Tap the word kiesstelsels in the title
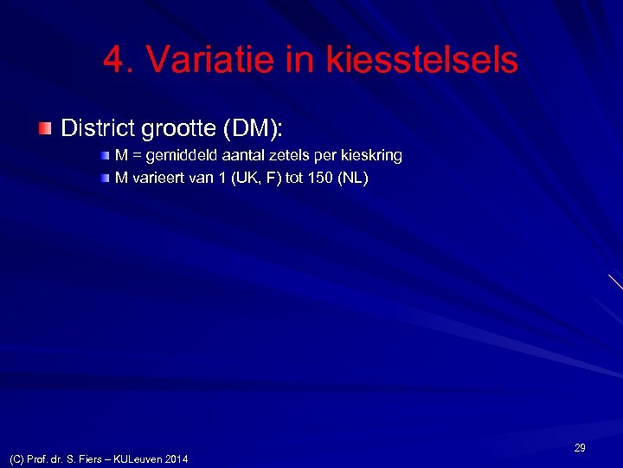pos(422,61)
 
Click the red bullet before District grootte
pos(45,129)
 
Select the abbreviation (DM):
pos(254,128)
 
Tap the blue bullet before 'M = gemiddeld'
pos(105,156)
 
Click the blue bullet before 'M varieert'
pos(105,179)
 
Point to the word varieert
pos(161,179)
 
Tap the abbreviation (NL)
pos(353,179)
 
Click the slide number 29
pos(580,448)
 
